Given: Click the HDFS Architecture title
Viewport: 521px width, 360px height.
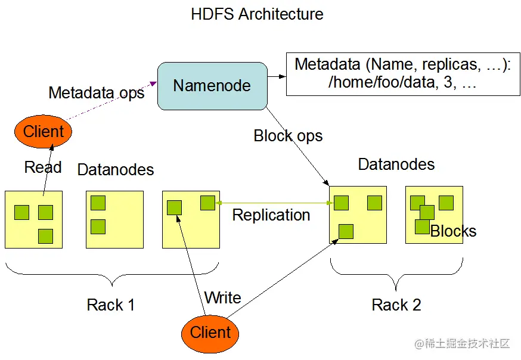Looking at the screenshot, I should (x=257, y=14).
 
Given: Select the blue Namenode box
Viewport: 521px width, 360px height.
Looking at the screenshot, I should (x=212, y=86).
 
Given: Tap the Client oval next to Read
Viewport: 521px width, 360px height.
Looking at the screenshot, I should (x=43, y=131).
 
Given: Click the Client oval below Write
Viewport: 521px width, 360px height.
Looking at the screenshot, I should (x=210, y=332).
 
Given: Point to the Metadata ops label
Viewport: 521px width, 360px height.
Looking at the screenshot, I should (x=96, y=93).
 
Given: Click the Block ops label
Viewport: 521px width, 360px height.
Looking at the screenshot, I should (x=288, y=136).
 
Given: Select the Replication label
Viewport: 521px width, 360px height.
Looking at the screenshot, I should (x=271, y=215).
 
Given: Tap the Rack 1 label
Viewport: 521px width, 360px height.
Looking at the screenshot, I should (x=111, y=305).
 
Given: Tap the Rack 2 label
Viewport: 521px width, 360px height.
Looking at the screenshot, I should (x=396, y=305).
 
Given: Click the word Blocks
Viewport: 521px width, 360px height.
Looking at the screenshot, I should (x=454, y=231).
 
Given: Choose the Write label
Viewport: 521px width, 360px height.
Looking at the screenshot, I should (x=222, y=297).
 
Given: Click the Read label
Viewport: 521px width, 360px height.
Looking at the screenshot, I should (x=43, y=167).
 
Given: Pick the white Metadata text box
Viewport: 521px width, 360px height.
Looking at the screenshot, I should (x=402, y=74).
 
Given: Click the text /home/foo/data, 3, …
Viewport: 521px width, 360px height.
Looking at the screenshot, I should (x=402, y=83).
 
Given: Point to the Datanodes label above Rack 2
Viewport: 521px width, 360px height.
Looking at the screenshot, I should (x=396, y=165).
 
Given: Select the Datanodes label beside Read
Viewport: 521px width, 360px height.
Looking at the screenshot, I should (x=116, y=170).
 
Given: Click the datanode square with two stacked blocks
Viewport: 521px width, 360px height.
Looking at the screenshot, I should (x=114, y=219).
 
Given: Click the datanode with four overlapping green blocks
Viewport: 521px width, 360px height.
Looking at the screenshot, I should (x=434, y=215).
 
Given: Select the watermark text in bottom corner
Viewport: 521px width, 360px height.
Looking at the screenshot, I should (x=462, y=344).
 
